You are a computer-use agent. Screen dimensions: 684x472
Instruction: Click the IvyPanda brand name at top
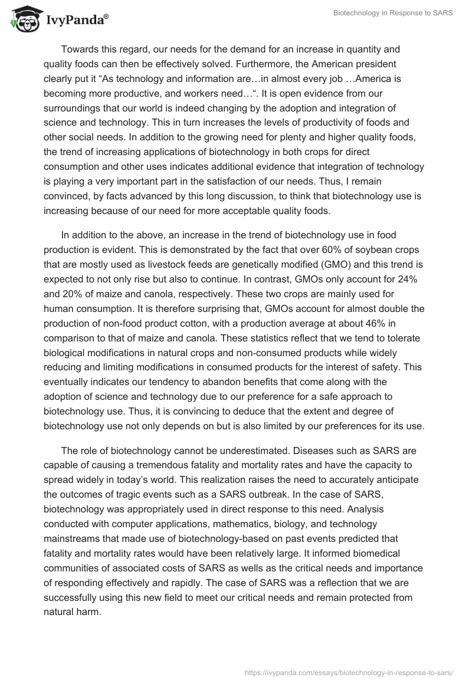[75, 19]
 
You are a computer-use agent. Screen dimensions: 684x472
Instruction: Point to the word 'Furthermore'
[257, 63]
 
